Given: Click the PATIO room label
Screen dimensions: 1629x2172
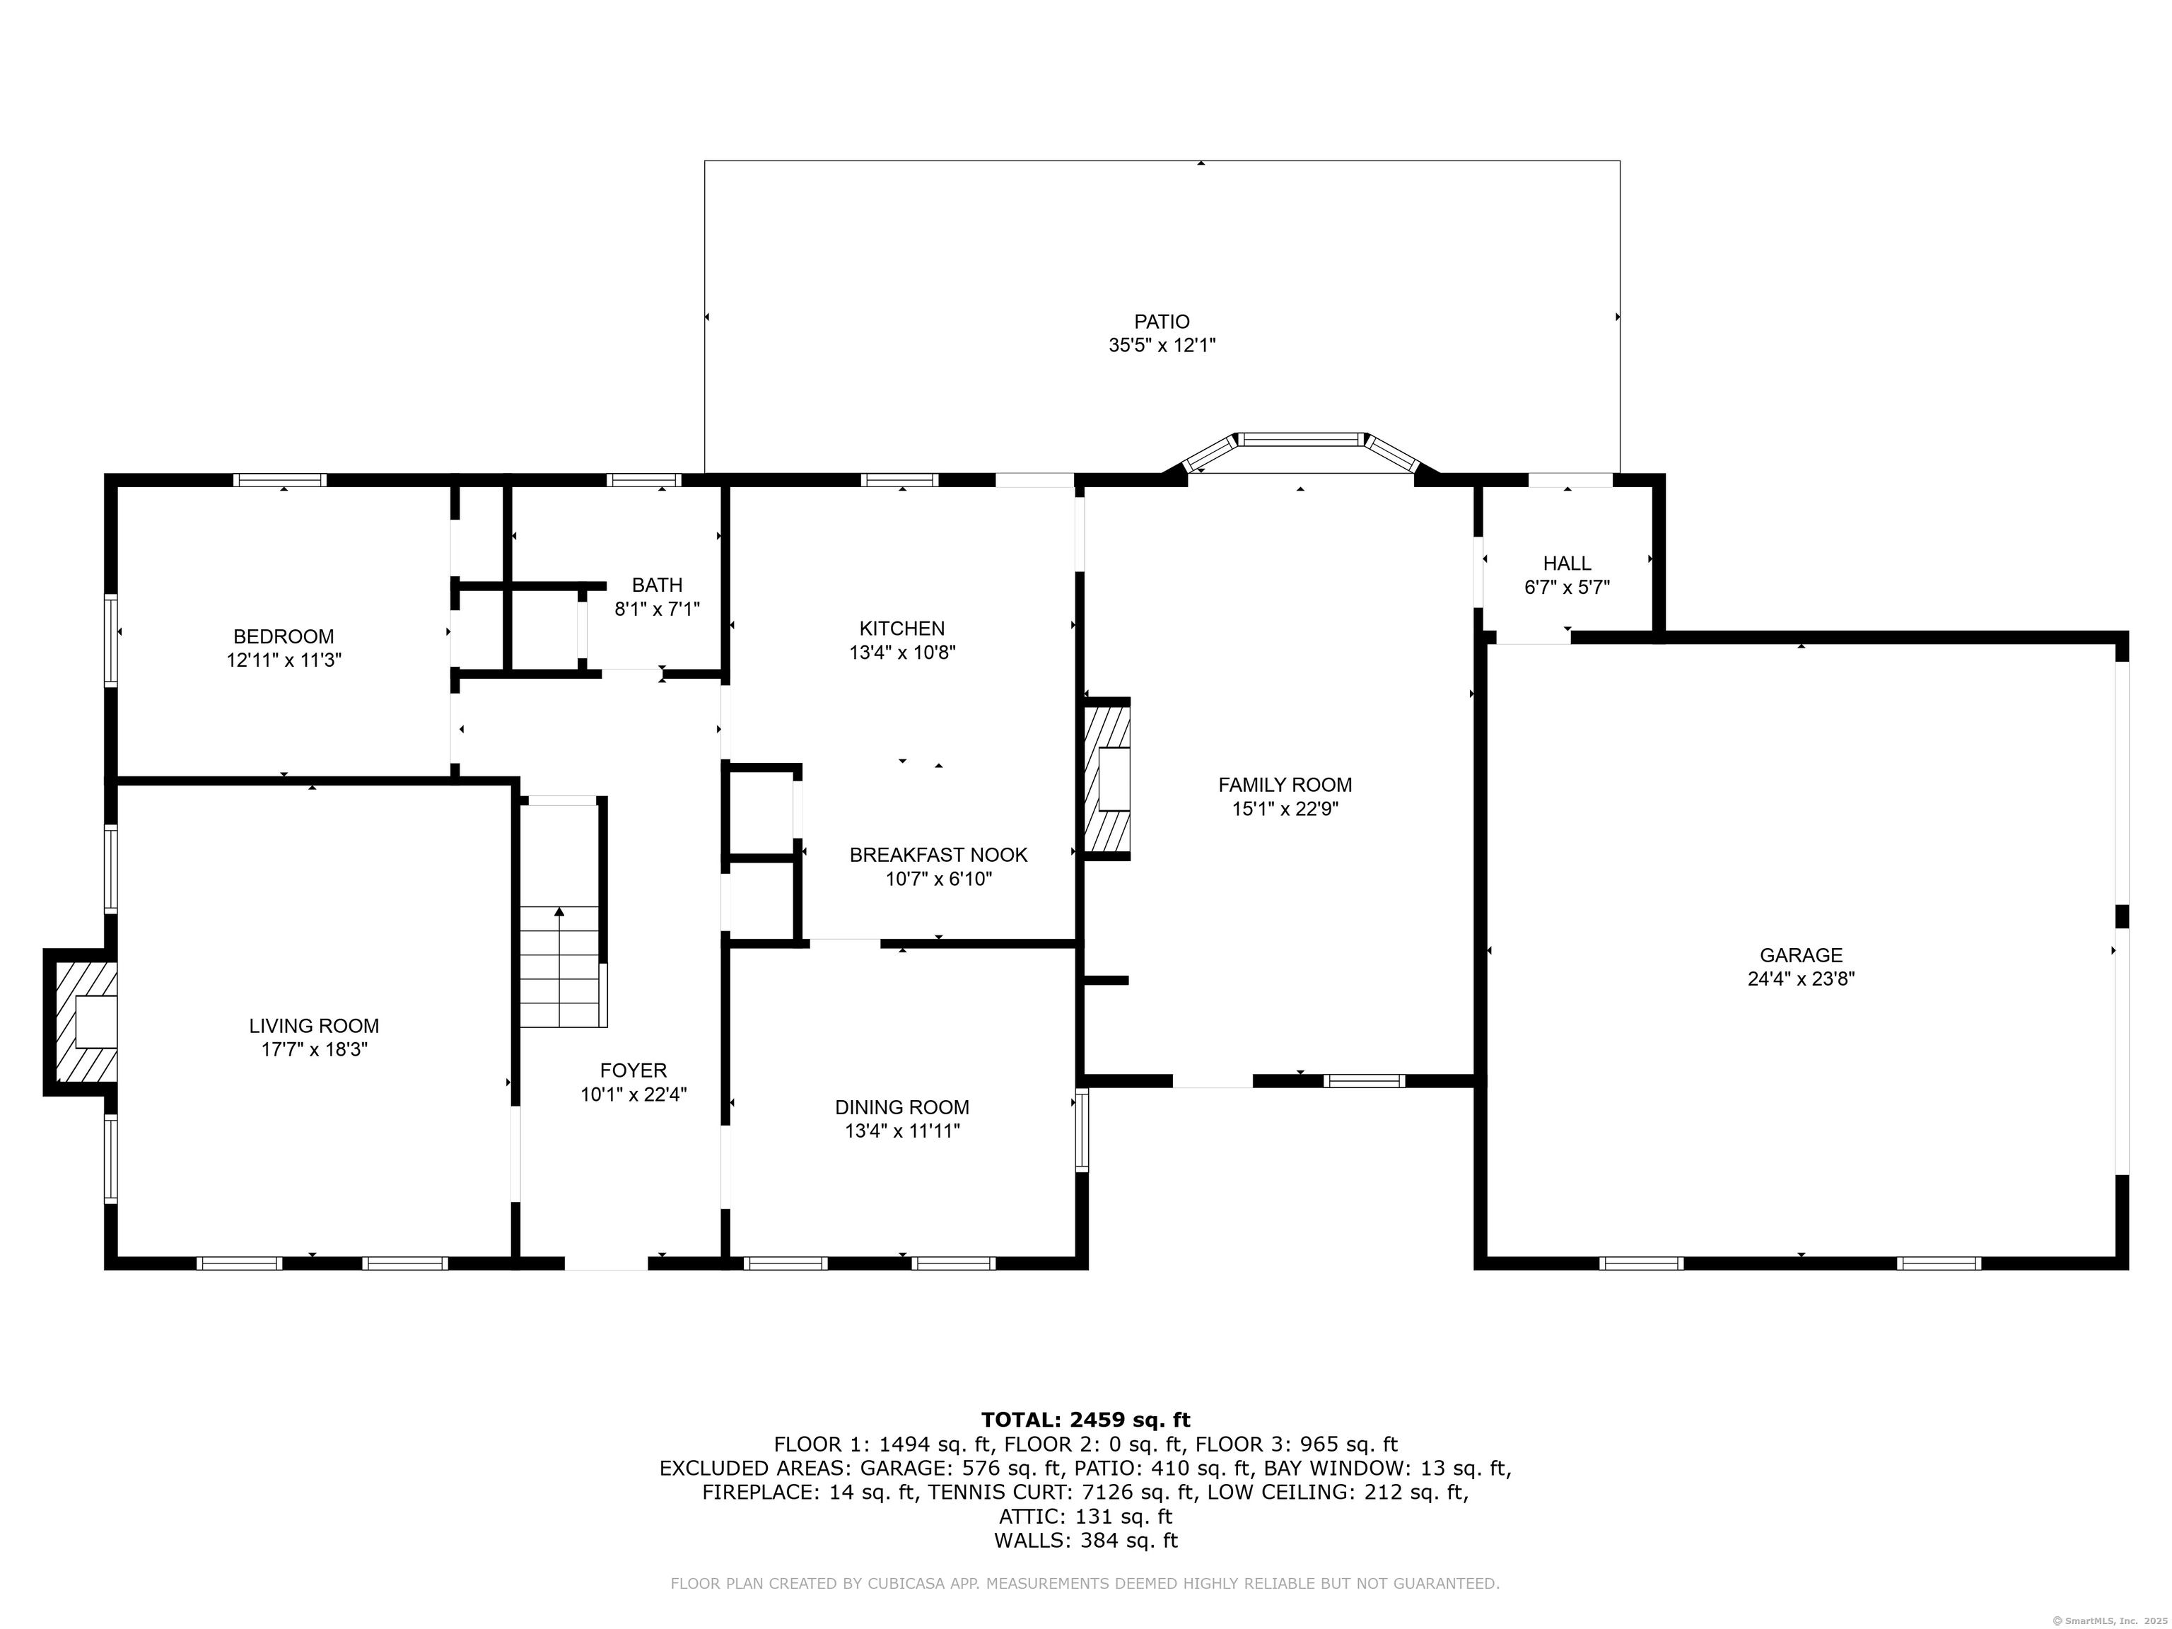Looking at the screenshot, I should [x=1162, y=321].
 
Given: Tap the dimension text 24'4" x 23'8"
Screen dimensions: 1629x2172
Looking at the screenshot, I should [x=1800, y=979].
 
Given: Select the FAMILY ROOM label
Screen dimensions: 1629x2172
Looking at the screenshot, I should [x=1285, y=785].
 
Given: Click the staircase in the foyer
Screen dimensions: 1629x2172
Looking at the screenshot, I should [x=559, y=967].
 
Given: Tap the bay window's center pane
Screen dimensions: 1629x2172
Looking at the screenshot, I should [x=1300, y=439].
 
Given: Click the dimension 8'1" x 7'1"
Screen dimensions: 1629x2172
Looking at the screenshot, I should [x=657, y=609].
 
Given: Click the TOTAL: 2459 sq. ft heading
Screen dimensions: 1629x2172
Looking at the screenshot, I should [x=1085, y=1420].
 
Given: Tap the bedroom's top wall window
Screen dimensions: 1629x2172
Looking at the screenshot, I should [x=280, y=480].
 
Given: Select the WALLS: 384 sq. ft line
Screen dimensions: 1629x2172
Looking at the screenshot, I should [x=1085, y=1541].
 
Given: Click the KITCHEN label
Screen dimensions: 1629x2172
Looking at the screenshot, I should [x=901, y=629].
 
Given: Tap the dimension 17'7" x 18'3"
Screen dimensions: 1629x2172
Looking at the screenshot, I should [x=313, y=1050].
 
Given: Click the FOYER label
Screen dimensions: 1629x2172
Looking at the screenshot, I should [x=633, y=1070].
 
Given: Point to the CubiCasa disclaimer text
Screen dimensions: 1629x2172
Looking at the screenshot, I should [x=1084, y=1583].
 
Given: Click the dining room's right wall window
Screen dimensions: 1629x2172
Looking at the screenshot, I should [x=1082, y=1129].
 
